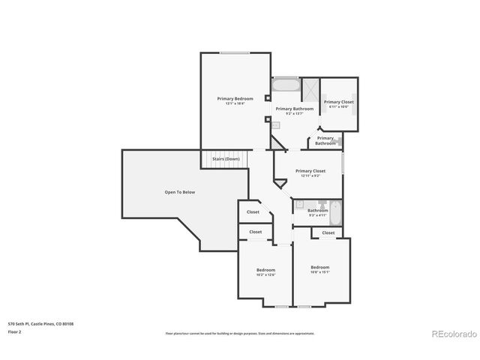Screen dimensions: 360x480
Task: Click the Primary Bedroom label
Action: point(235,99)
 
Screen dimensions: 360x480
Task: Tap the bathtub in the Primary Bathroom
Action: point(285,86)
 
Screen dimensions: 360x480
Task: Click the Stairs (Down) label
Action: point(226,159)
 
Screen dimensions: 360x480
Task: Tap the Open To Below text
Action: point(179,193)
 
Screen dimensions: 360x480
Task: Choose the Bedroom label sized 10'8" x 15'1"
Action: point(320,268)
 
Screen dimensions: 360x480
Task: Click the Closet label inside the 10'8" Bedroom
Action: point(328,232)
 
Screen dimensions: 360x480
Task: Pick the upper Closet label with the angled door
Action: point(253,212)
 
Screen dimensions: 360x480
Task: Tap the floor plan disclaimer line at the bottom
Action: point(240,333)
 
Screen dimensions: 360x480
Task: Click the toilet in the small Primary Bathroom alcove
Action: point(339,140)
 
